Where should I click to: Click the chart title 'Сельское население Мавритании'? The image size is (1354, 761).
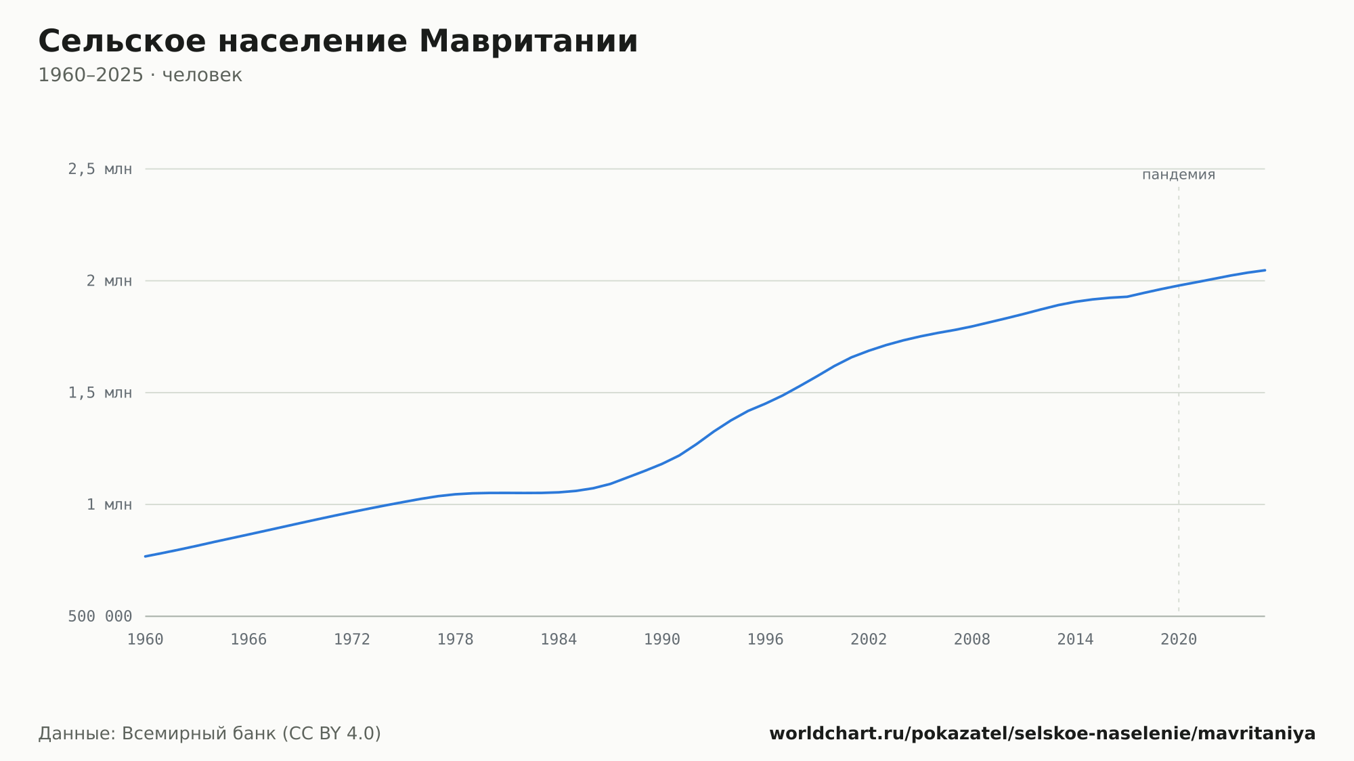tap(338, 41)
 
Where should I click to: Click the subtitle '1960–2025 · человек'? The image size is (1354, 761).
tap(140, 75)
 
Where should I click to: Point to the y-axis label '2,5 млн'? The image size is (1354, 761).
tap(100, 169)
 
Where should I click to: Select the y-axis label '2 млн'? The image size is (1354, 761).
tap(109, 281)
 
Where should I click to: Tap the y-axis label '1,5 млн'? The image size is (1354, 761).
tap(100, 393)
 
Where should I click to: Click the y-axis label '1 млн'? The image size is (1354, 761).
tap(109, 504)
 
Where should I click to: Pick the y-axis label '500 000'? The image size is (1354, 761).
tap(100, 616)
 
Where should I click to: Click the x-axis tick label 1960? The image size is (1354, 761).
tap(146, 640)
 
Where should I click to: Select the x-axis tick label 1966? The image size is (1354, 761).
tap(248, 640)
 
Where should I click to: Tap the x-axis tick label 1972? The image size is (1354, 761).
tap(352, 640)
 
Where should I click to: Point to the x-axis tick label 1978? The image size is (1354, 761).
tap(455, 640)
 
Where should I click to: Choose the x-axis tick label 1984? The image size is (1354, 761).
tap(559, 640)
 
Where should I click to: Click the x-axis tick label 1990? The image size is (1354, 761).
tap(662, 640)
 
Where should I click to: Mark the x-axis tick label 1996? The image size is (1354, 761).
tap(765, 640)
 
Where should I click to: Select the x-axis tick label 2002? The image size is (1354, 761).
tap(869, 640)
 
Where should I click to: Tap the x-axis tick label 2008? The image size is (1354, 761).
tap(972, 640)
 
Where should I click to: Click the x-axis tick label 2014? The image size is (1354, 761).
tap(1075, 640)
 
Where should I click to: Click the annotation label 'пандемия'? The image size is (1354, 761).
tap(1179, 175)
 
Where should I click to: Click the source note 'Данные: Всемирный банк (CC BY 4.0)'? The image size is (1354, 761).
tap(210, 733)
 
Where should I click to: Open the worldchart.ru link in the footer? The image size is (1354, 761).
tap(1043, 733)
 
